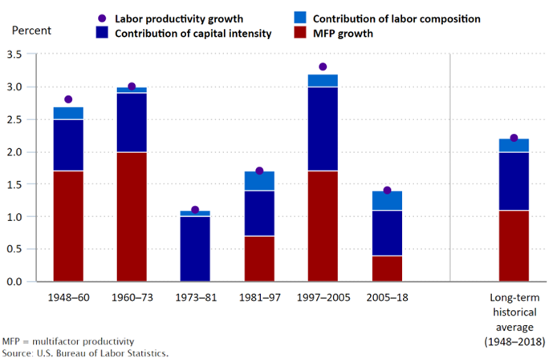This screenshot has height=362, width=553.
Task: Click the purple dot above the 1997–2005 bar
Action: tap(323, 67)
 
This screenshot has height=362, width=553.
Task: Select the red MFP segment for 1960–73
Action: tap(132, 216)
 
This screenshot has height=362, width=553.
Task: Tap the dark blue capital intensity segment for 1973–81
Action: tap(195, 248)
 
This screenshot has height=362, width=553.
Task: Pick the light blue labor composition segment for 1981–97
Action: tap(259, 181)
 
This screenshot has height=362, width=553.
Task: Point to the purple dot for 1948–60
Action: tap(68, 99)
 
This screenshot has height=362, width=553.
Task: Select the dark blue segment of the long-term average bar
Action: tap(514, 181)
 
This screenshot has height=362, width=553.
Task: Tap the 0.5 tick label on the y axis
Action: tap(15, 249)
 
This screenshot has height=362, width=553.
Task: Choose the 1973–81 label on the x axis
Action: tap(195, 298)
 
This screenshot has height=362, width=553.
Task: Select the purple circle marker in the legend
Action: tap(100, 18)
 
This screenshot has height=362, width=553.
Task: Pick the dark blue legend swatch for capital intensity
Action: tap(100, 34)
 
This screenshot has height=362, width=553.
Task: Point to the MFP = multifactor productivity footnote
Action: tap(68, 341)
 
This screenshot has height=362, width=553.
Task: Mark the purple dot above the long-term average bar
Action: tap(514, 139)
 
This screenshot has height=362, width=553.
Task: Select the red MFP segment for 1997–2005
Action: tap(323, 226)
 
